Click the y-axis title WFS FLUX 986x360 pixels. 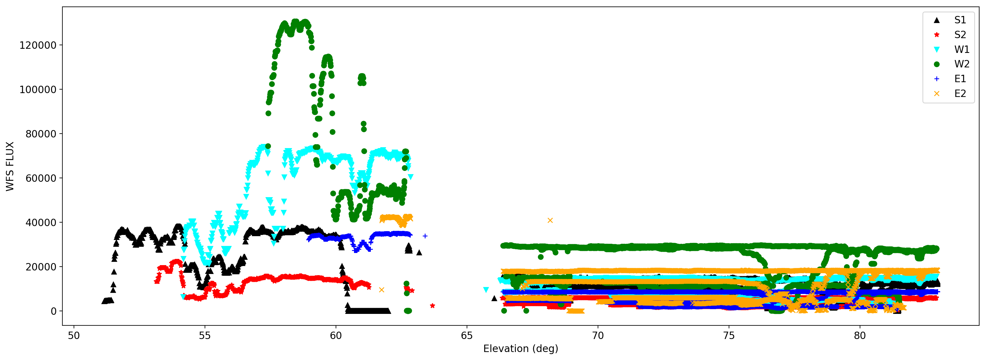tap(10, 166)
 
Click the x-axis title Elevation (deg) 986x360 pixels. tap(521, 348)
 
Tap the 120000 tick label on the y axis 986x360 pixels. tap(38, 45)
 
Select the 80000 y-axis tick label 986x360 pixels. tap(41, 134)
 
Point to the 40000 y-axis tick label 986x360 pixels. tap(41, 223)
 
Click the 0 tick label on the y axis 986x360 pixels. tap(54, 312)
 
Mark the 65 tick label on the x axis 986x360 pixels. tap(467, 335)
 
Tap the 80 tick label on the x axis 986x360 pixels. tap(860, 335)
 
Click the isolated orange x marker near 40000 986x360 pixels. tap(550, 220)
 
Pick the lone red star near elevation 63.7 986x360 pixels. tap(432, 306)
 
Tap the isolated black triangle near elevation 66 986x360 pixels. tap(494, 298)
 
